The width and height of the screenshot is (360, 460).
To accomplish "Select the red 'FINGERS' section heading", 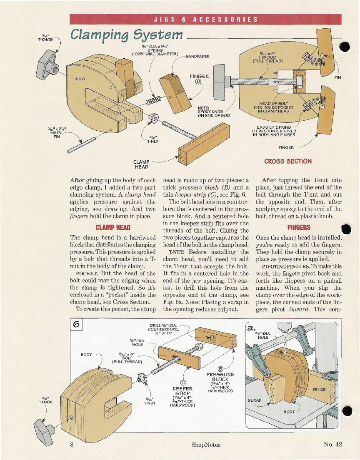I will (299, 228).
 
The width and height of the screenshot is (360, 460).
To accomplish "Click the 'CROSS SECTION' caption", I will (288, 161).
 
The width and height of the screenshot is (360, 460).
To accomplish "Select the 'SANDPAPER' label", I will (197, 56).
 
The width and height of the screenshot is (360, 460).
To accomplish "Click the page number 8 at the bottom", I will (72, 444).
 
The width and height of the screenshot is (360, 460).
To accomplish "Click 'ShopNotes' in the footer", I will (206, 445).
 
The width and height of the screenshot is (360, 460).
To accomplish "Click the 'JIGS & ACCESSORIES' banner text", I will (205, 19).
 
